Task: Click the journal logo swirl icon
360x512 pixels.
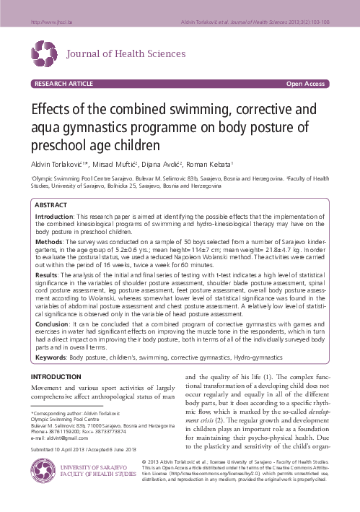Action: tap(44, 52)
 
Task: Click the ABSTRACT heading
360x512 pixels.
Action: tap(52, 206)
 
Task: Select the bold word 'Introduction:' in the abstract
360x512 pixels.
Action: tap(54, 217)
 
